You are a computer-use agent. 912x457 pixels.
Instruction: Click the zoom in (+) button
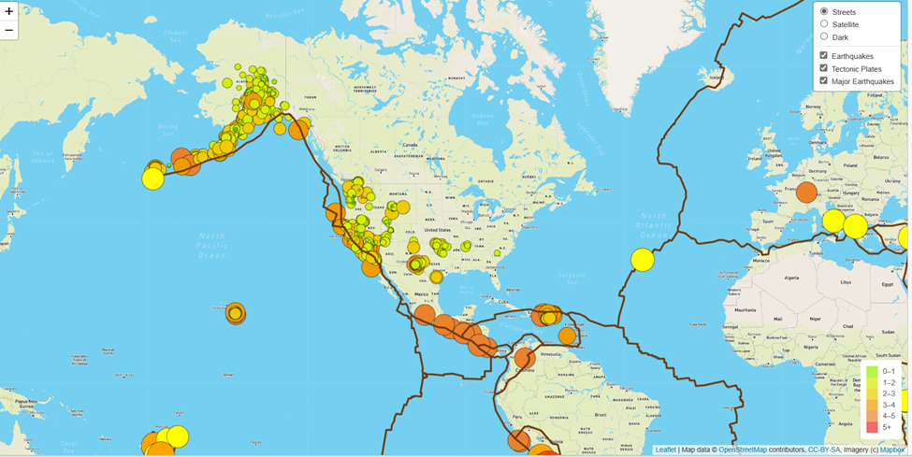click(9, 11)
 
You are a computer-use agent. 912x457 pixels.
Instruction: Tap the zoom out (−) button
click(9, 30)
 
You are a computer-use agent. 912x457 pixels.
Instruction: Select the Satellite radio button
click(824, 24)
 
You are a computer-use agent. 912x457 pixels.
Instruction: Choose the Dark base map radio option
click(824, 36)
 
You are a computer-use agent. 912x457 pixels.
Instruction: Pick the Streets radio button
click(824, 11)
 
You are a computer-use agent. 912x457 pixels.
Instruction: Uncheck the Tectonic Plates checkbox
click(824, 68)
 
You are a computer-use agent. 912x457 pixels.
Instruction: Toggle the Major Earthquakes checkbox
click(824, 81)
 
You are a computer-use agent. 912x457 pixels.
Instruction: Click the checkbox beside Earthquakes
click(824, 56)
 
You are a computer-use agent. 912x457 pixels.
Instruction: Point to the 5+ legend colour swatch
click(872, 427)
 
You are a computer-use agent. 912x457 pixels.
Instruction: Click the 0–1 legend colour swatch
click(872, 372)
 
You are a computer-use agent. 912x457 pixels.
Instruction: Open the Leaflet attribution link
click(665, 450)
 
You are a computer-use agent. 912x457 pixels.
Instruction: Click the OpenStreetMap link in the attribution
click(742, 450)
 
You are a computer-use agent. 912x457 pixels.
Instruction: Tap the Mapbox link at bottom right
click(892, 450)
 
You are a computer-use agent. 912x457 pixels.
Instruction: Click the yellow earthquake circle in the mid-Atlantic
click(643, 260)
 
